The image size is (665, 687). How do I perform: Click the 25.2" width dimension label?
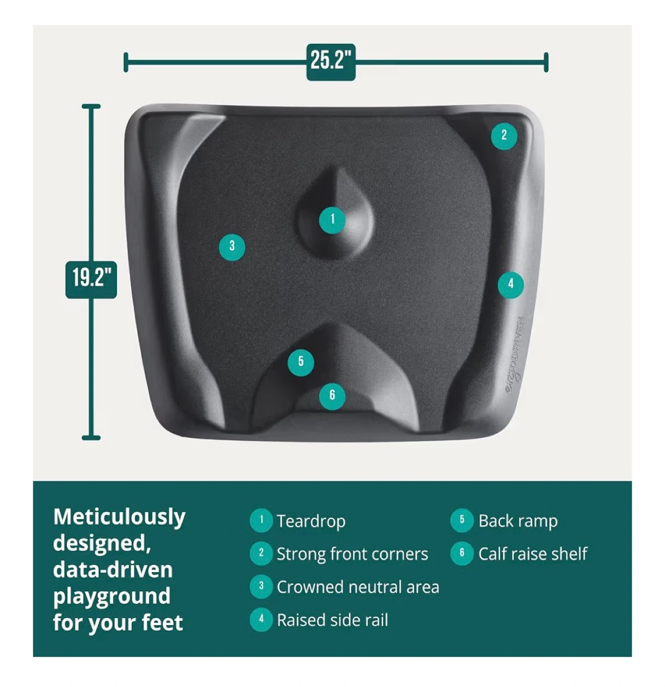331,62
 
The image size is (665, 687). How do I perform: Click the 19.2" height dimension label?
91,280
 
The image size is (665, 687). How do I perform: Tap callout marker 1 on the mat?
332,220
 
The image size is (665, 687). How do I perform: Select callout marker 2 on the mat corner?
504,136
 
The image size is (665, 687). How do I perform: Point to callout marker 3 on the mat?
232,247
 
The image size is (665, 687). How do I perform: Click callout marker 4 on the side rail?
511,285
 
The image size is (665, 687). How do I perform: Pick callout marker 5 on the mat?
301,363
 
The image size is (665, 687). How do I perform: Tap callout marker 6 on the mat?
332,396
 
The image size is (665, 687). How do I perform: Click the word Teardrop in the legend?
311,521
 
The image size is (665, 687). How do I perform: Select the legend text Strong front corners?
352,554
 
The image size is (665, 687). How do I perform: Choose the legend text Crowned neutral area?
358,587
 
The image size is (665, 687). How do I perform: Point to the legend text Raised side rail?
332,620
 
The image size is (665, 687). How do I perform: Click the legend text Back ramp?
518,521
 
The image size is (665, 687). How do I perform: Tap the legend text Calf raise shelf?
533,553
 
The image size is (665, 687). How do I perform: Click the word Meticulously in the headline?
119,518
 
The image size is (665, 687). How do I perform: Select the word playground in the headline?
112,597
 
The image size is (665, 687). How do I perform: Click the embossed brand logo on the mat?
515,355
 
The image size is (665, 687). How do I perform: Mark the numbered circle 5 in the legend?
462,520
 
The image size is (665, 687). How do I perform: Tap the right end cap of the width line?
546,62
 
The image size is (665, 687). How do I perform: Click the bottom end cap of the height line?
91,438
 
